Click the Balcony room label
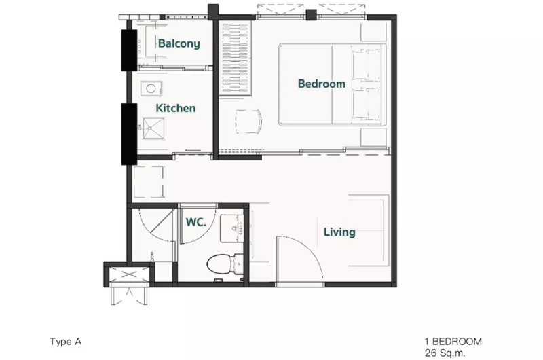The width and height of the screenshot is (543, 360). (179, 43)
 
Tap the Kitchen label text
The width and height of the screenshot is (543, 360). (176, 108)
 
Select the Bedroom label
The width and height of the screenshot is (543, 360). (321, 84)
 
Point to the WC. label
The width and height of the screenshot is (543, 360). (196, 222)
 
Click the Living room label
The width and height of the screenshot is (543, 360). (339, 232)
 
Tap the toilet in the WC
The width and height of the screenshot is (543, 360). (225, 264)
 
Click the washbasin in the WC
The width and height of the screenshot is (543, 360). (231, 228)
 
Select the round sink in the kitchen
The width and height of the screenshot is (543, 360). (151, 89)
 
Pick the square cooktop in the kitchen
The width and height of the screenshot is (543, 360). (153, 128)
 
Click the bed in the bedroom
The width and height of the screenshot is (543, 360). (332, 84)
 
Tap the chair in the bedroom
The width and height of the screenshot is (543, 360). (248, 122)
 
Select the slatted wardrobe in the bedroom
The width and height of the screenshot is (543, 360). (235, 58)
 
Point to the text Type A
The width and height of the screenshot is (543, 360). (65, 342)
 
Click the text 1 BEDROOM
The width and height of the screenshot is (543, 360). (453, 342)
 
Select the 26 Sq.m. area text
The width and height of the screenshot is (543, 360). (445, 353)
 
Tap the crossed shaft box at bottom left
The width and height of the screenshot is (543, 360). (129, 274)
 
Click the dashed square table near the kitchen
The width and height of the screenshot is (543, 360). (149, 182)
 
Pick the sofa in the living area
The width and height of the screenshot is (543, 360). (369, 230)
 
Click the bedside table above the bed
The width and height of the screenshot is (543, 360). (374, 33)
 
